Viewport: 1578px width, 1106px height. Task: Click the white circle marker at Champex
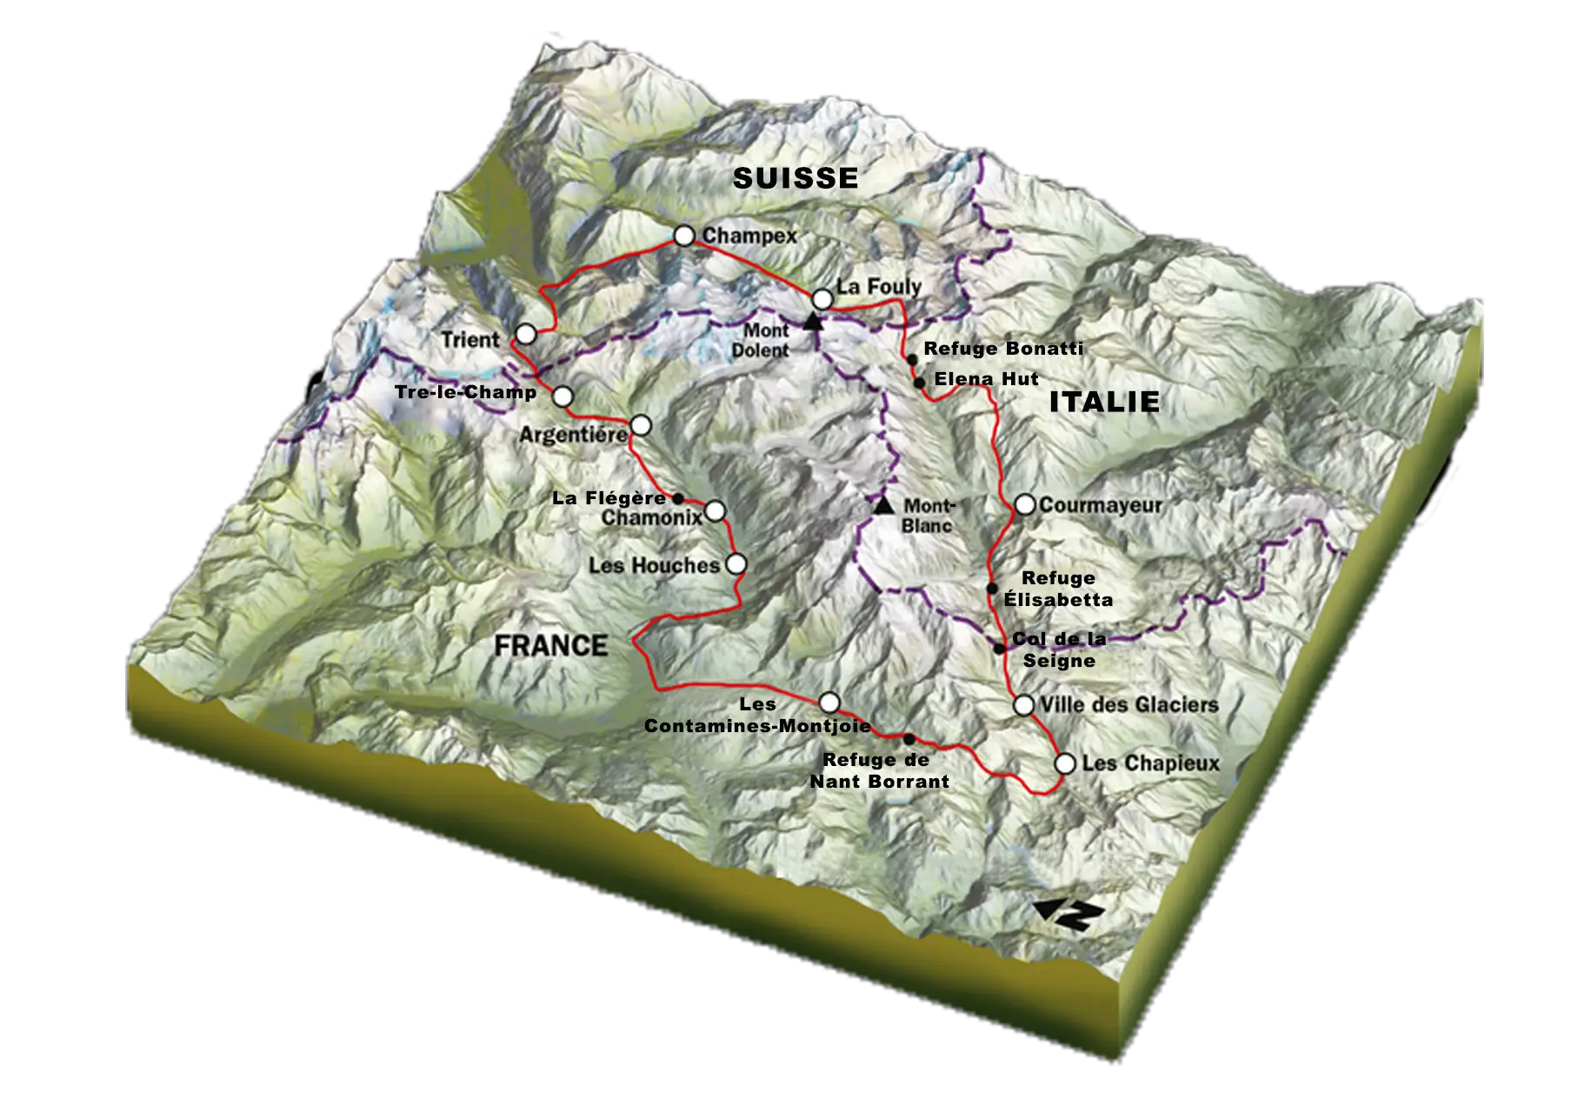pos(685,236)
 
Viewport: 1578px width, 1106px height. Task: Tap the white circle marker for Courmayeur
pos(1025,504)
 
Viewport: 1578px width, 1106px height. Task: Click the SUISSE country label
pos(795,178)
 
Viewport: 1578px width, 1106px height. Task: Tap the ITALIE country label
pos(1104,402)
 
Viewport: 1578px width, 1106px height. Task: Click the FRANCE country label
pos(551,646)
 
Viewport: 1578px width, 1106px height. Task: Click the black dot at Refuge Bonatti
pos(911,359)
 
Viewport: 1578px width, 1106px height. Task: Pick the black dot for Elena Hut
pos(918,383)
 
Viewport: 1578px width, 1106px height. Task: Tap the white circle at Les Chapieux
pos(1064,763)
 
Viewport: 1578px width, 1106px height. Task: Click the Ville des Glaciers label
pos(1129,704)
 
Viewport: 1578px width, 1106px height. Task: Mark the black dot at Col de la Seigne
pos(1001,648)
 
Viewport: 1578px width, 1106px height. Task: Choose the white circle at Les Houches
pos(736,563)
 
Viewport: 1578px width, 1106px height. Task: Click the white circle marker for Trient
pos(525,334)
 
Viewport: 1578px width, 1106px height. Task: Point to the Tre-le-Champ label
pos(465,392)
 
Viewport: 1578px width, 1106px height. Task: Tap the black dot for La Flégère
pos(678,498)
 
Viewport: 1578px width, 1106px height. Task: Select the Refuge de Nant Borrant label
pos(879,770)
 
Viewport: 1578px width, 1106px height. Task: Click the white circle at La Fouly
pos(822,299)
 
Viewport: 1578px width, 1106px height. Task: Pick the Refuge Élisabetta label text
pos(1058,589)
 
